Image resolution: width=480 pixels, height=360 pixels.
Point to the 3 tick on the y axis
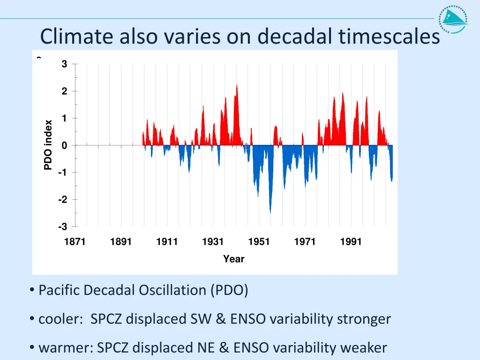pos(64,64)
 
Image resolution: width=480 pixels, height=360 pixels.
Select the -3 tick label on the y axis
pos(63,227)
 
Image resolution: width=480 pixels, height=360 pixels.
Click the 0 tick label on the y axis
pos(64,145)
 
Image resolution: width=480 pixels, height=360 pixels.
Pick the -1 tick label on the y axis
pos(63,172)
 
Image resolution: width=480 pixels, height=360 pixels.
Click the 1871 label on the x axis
pos(75,242)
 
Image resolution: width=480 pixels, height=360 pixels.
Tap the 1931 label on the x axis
pos(213,242)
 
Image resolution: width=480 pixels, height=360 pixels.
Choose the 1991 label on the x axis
pos(351,242)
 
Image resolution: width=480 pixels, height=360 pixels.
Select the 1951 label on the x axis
pos(259,242)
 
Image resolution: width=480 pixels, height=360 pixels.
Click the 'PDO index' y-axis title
pos(48,145)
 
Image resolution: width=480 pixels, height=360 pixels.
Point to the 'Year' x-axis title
pos(233,259)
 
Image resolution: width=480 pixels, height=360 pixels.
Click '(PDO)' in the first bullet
pos(229,291)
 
